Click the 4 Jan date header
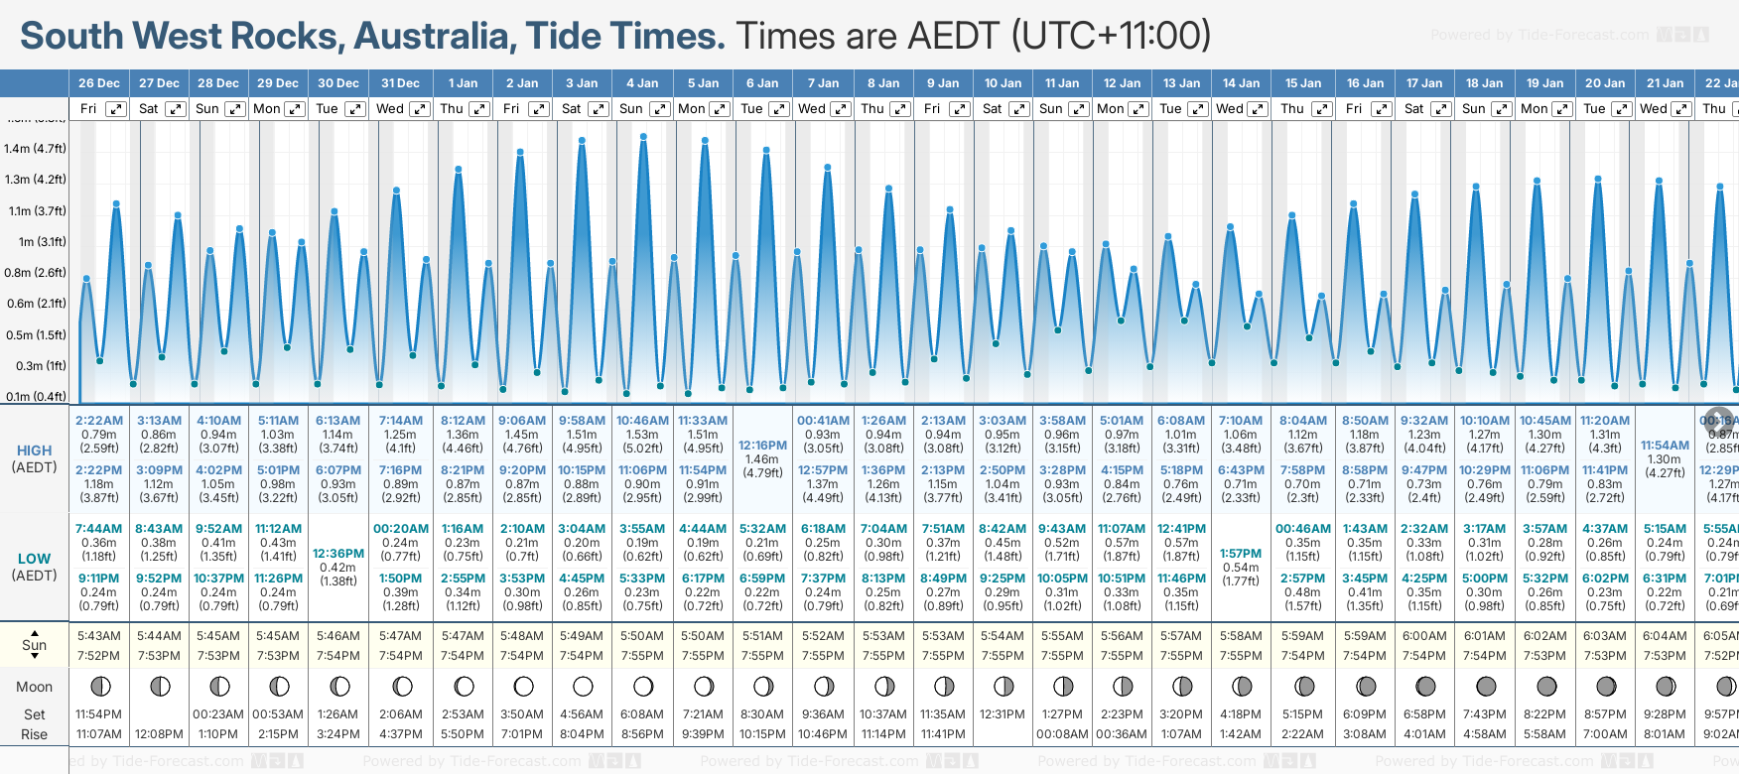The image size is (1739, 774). point(642,83)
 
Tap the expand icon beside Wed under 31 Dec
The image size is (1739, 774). point(420,109)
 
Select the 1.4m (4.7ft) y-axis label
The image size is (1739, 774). point(35,149)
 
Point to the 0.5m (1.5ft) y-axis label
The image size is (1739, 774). point(35,335)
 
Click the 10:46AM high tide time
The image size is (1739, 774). point(642,421)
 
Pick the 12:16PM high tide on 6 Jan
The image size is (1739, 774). point(763,446)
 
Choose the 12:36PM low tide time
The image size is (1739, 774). point(338,554)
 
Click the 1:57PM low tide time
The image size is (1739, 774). point(1241,554)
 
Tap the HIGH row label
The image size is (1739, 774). point(34,451)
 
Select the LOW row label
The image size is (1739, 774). point(34,559)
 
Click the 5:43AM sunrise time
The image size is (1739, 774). point(98,636)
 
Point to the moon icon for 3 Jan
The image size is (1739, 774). point(583,686)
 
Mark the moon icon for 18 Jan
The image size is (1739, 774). point(1486,686)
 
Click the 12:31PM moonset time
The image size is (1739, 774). point(1003,714)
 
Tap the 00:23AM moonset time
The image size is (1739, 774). point(218,714)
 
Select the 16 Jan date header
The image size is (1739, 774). point(1366,83)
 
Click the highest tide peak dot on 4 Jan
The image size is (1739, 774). point(644,137)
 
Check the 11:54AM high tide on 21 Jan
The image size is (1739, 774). point(1665,446)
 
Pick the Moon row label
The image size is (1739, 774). point(34,687)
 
